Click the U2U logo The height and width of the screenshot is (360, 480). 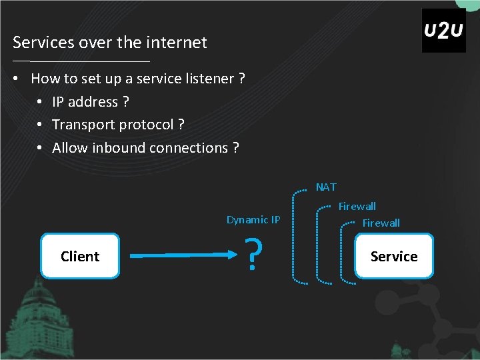pyautogui.click(x=443, y=31)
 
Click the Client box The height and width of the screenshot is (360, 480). pyautogui.click(x=80, y=256)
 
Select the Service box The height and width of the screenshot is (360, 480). pyautogui.click(x=394, y=256)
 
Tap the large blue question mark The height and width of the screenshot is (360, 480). pyautogui.click(x=251, y=256)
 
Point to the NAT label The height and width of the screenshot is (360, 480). pyautogui.click(x=326, y=187)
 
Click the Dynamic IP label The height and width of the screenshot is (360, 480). pyautogui.click(x=253, y=220)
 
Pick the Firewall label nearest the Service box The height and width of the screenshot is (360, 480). pyautogui.click(x=381, y=223)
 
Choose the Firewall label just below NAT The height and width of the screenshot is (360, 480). pyautogui.click(x=357, y=207)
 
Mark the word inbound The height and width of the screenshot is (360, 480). pyautogui.click(x=121, y=147)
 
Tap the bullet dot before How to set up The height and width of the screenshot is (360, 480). pyautogui.click(x=15, y=79)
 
